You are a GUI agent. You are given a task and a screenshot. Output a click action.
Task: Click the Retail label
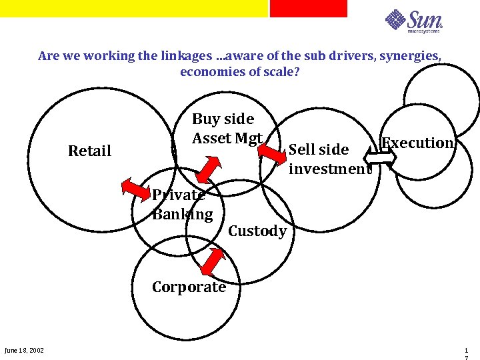(89, 151)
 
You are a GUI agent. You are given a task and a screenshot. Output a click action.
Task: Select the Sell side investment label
(329, 159)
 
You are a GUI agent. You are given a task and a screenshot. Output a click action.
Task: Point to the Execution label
(418, 143)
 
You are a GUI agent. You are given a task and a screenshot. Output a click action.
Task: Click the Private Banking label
(181, 205)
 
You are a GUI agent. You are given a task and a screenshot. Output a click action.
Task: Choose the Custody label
(257, 231)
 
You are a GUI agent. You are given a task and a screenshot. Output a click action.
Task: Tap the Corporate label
(189, 287)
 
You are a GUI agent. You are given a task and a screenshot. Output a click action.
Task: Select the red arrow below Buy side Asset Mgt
(209, 167)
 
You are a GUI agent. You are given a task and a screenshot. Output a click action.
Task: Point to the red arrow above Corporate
(213, 261)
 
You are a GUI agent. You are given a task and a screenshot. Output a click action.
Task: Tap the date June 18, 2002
(24, 351)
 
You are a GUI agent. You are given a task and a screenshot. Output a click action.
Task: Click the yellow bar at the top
(133, 8)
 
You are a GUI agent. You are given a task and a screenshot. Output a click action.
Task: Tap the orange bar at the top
(308, 8)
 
